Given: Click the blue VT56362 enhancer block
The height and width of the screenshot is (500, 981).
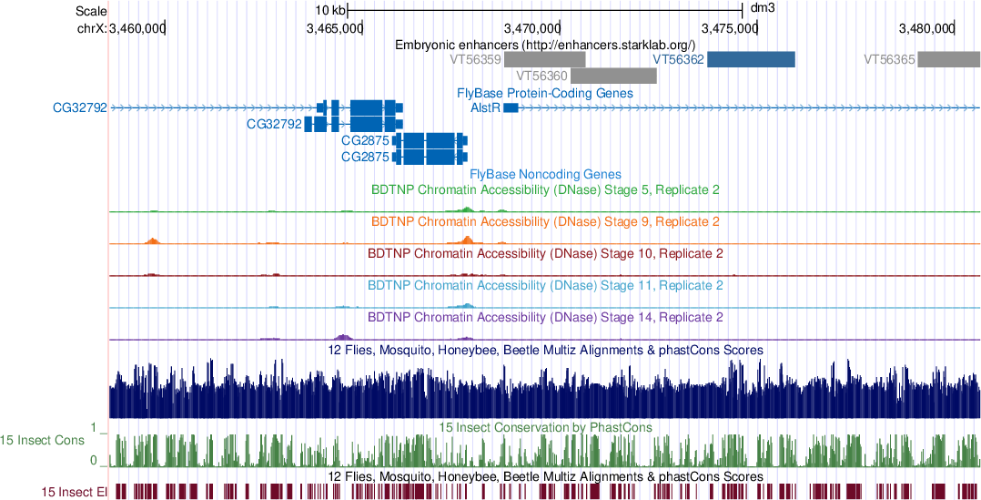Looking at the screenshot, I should coord(751,59).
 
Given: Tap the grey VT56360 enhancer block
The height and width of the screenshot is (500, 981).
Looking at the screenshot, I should coord(614,76).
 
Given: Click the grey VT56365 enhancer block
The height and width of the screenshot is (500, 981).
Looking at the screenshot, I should coord(948,59).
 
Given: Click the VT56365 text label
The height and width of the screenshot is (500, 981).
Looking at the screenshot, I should coord(888,59).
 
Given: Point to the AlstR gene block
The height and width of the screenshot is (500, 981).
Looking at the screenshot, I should coord(511,108).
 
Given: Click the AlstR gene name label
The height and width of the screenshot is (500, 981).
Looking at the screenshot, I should coord(484,108).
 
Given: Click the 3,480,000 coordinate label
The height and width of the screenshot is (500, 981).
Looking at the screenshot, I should coord(926,28).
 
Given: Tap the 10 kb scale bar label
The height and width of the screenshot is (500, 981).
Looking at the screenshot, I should coord(329,9).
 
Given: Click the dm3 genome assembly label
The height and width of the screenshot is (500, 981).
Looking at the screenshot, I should coord(763,9).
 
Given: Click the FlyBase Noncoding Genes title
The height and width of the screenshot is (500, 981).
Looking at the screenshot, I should coord(545,174).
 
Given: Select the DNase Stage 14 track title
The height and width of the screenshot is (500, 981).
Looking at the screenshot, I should coord(545,318).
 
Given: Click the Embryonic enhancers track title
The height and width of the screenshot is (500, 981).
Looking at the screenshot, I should coord(545,45).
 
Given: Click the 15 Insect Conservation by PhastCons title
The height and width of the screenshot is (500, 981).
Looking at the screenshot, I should coord(545,426).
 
